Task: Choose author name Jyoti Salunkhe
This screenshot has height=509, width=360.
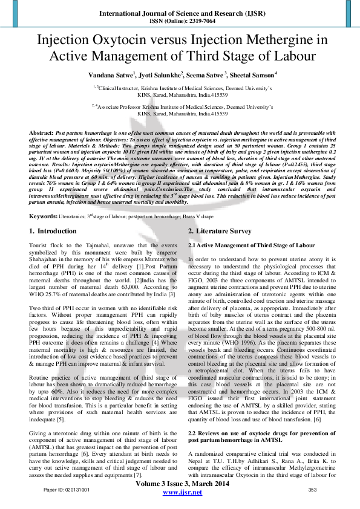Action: click(148, 75)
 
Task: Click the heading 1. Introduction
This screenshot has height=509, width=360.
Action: click(53, 232)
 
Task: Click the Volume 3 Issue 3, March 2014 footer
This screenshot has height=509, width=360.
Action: click(180, 485)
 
